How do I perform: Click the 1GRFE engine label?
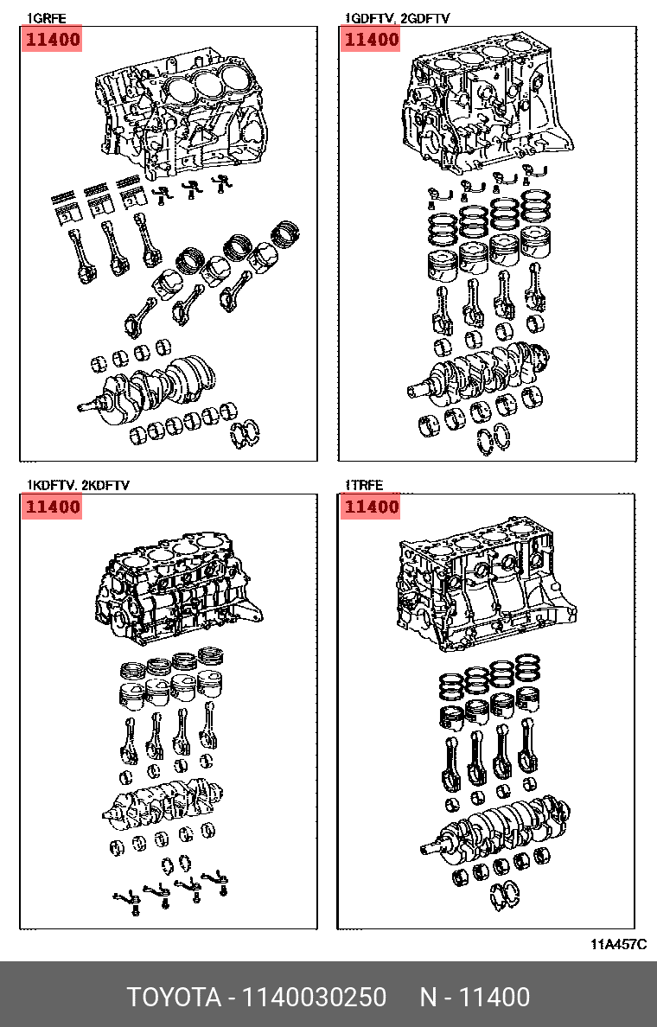[x=46, y=19]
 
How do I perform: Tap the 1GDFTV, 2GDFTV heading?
[x=398, y=19]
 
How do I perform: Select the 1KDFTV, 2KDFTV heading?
[x=77, y=485]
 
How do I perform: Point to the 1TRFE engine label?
[x=364, y=485]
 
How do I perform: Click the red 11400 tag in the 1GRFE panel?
[x=52, y=39]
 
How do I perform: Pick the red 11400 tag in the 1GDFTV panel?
[x=371, y=39]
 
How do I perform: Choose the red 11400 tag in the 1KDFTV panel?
[x=52, y=507]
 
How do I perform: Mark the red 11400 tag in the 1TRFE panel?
[x=371, y=507]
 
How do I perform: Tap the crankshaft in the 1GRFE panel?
[x=147, y=386]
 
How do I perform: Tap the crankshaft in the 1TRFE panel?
[x=495, y=826]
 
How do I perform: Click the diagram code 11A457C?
[x=619, y=944]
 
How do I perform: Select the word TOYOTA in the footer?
[x=174, y=997]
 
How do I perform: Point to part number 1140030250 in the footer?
[x=315, y=997]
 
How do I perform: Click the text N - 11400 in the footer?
[x=475, y=997]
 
